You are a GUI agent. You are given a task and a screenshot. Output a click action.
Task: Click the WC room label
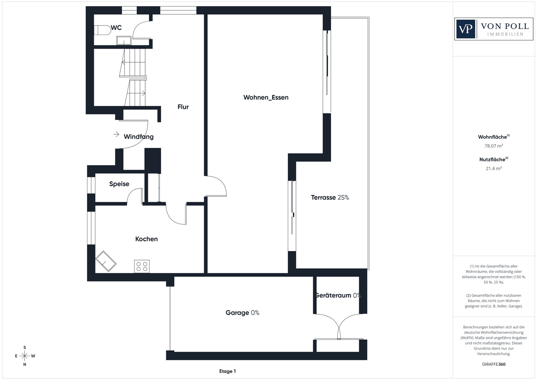[x=116, y=28]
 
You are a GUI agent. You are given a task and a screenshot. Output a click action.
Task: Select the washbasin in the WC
[x=124, y=40]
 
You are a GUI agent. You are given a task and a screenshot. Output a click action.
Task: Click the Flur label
[x=183, y=107]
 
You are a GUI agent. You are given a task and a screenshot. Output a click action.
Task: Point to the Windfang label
[x=139, y=137]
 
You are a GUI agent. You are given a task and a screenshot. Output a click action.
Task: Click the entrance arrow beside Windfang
[x=116, y=134]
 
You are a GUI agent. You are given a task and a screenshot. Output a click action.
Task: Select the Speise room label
[x=119, y=184]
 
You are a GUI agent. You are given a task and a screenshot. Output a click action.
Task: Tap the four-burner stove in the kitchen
[x=142, y=266]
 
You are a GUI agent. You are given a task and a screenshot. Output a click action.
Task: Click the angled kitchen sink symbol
[x=106, y=261]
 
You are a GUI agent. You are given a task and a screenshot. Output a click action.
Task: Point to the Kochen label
[x=146, y=239]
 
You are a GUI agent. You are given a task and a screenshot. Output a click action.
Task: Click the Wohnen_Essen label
[x=266, y=97]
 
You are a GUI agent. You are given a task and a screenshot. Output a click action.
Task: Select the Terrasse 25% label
[x=330, y=197]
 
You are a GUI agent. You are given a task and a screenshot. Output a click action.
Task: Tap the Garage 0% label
[x=242, y=313]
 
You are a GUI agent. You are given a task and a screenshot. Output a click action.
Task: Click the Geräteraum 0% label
[x=338, y=295]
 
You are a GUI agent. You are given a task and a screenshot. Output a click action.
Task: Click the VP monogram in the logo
[x=465, y=29]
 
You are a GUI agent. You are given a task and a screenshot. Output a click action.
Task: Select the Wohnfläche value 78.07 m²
[x=494, y=146]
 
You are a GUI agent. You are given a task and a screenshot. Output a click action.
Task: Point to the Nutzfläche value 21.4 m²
[x=494, y=168]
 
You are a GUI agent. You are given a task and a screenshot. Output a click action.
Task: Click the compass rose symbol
[x=25, y=356]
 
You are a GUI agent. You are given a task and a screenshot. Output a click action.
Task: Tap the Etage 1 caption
[x=227, y=371]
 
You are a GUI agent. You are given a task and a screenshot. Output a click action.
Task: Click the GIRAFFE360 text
[x=494, y=364]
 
